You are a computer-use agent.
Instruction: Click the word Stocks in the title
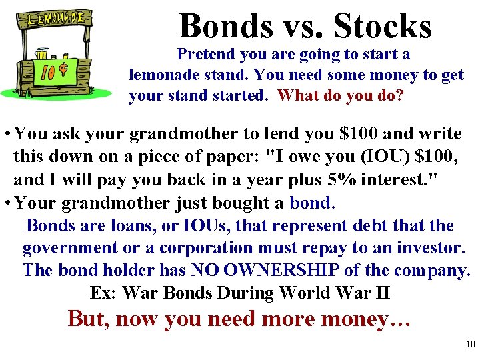(x=383, y=27)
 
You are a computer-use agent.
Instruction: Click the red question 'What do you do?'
(x=341, y=95)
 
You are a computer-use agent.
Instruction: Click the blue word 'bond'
(x=310, y=202)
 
